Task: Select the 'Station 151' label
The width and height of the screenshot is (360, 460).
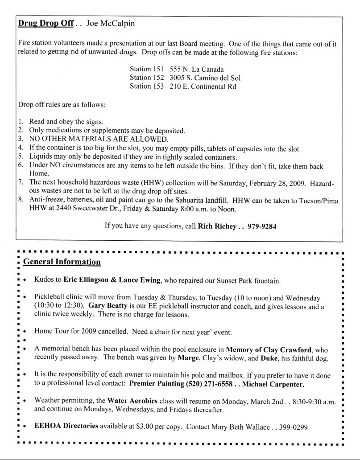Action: click(x=147, y=70)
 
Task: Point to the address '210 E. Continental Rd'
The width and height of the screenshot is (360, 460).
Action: click(x=203, y=86)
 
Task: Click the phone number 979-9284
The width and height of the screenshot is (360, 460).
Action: click(x=261, y=226)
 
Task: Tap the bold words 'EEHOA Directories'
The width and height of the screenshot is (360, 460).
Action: click(x=66, y=426)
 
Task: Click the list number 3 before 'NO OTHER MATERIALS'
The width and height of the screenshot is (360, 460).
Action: click(x=21, y=139)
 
